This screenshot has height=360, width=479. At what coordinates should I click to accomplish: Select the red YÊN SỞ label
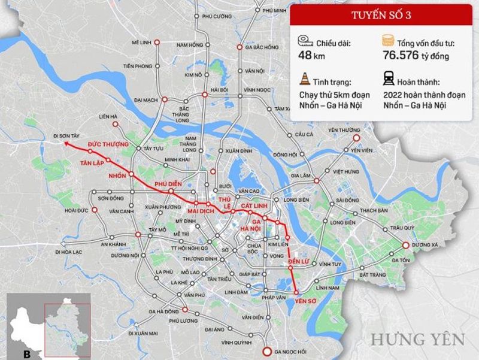(x=305, y=301)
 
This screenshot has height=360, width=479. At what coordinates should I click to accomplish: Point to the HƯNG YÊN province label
(x=417, y=339)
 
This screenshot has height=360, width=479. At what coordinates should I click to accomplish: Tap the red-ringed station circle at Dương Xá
(x=405, y=245)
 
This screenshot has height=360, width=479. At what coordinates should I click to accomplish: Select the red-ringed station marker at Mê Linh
(x=157, y=43)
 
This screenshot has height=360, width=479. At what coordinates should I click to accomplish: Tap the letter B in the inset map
(x=26, y=354)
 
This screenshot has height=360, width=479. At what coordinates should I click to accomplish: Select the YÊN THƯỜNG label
(x=344, y=129)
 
